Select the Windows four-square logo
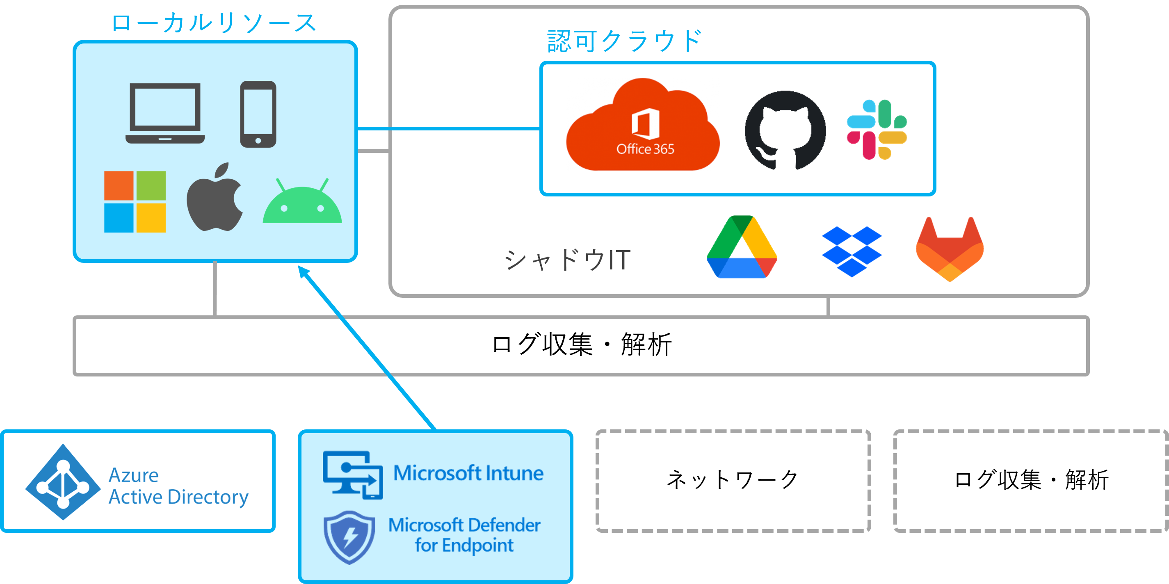coord(135,201)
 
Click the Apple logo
coord(215,197)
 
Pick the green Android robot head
coord(302,201)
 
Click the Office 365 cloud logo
coord(643,125)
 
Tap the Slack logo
coord(877,130)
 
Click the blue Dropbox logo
coord(852,251)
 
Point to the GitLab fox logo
coord(950,249)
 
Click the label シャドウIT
coord(567,260)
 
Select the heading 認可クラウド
coord(624,41)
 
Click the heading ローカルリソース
coord(214,23)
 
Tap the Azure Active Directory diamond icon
coord(63,482)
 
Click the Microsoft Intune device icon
coord(353,474)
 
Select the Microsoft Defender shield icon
coord(349,537)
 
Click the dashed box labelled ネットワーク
coord(733,481)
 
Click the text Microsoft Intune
coord(468,473)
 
